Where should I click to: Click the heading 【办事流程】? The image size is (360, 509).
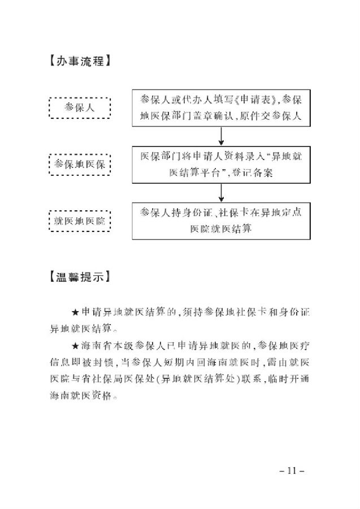(x=80, y=61)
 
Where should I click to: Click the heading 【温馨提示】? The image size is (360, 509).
(x=80, y=277)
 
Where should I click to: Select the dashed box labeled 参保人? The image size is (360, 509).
(x=80, y=108)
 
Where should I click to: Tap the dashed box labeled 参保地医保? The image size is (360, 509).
(x=80, y=165)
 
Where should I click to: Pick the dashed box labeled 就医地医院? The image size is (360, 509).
(x=80, y=221)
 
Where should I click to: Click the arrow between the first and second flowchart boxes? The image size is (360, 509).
(x=221, y=136)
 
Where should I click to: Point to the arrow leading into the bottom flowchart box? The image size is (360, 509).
(x=221, y=193)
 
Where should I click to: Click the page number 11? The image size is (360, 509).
(x=292, y=471)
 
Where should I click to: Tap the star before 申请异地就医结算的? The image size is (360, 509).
(x=75, y=313)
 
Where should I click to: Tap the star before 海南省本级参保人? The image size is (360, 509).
(x=75, y=346)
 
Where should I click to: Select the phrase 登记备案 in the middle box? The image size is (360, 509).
(x=253, y=172)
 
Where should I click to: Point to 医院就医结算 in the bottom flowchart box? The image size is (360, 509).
(x=221, y=229)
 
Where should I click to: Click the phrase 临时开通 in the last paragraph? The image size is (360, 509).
(x=288, y=379)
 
